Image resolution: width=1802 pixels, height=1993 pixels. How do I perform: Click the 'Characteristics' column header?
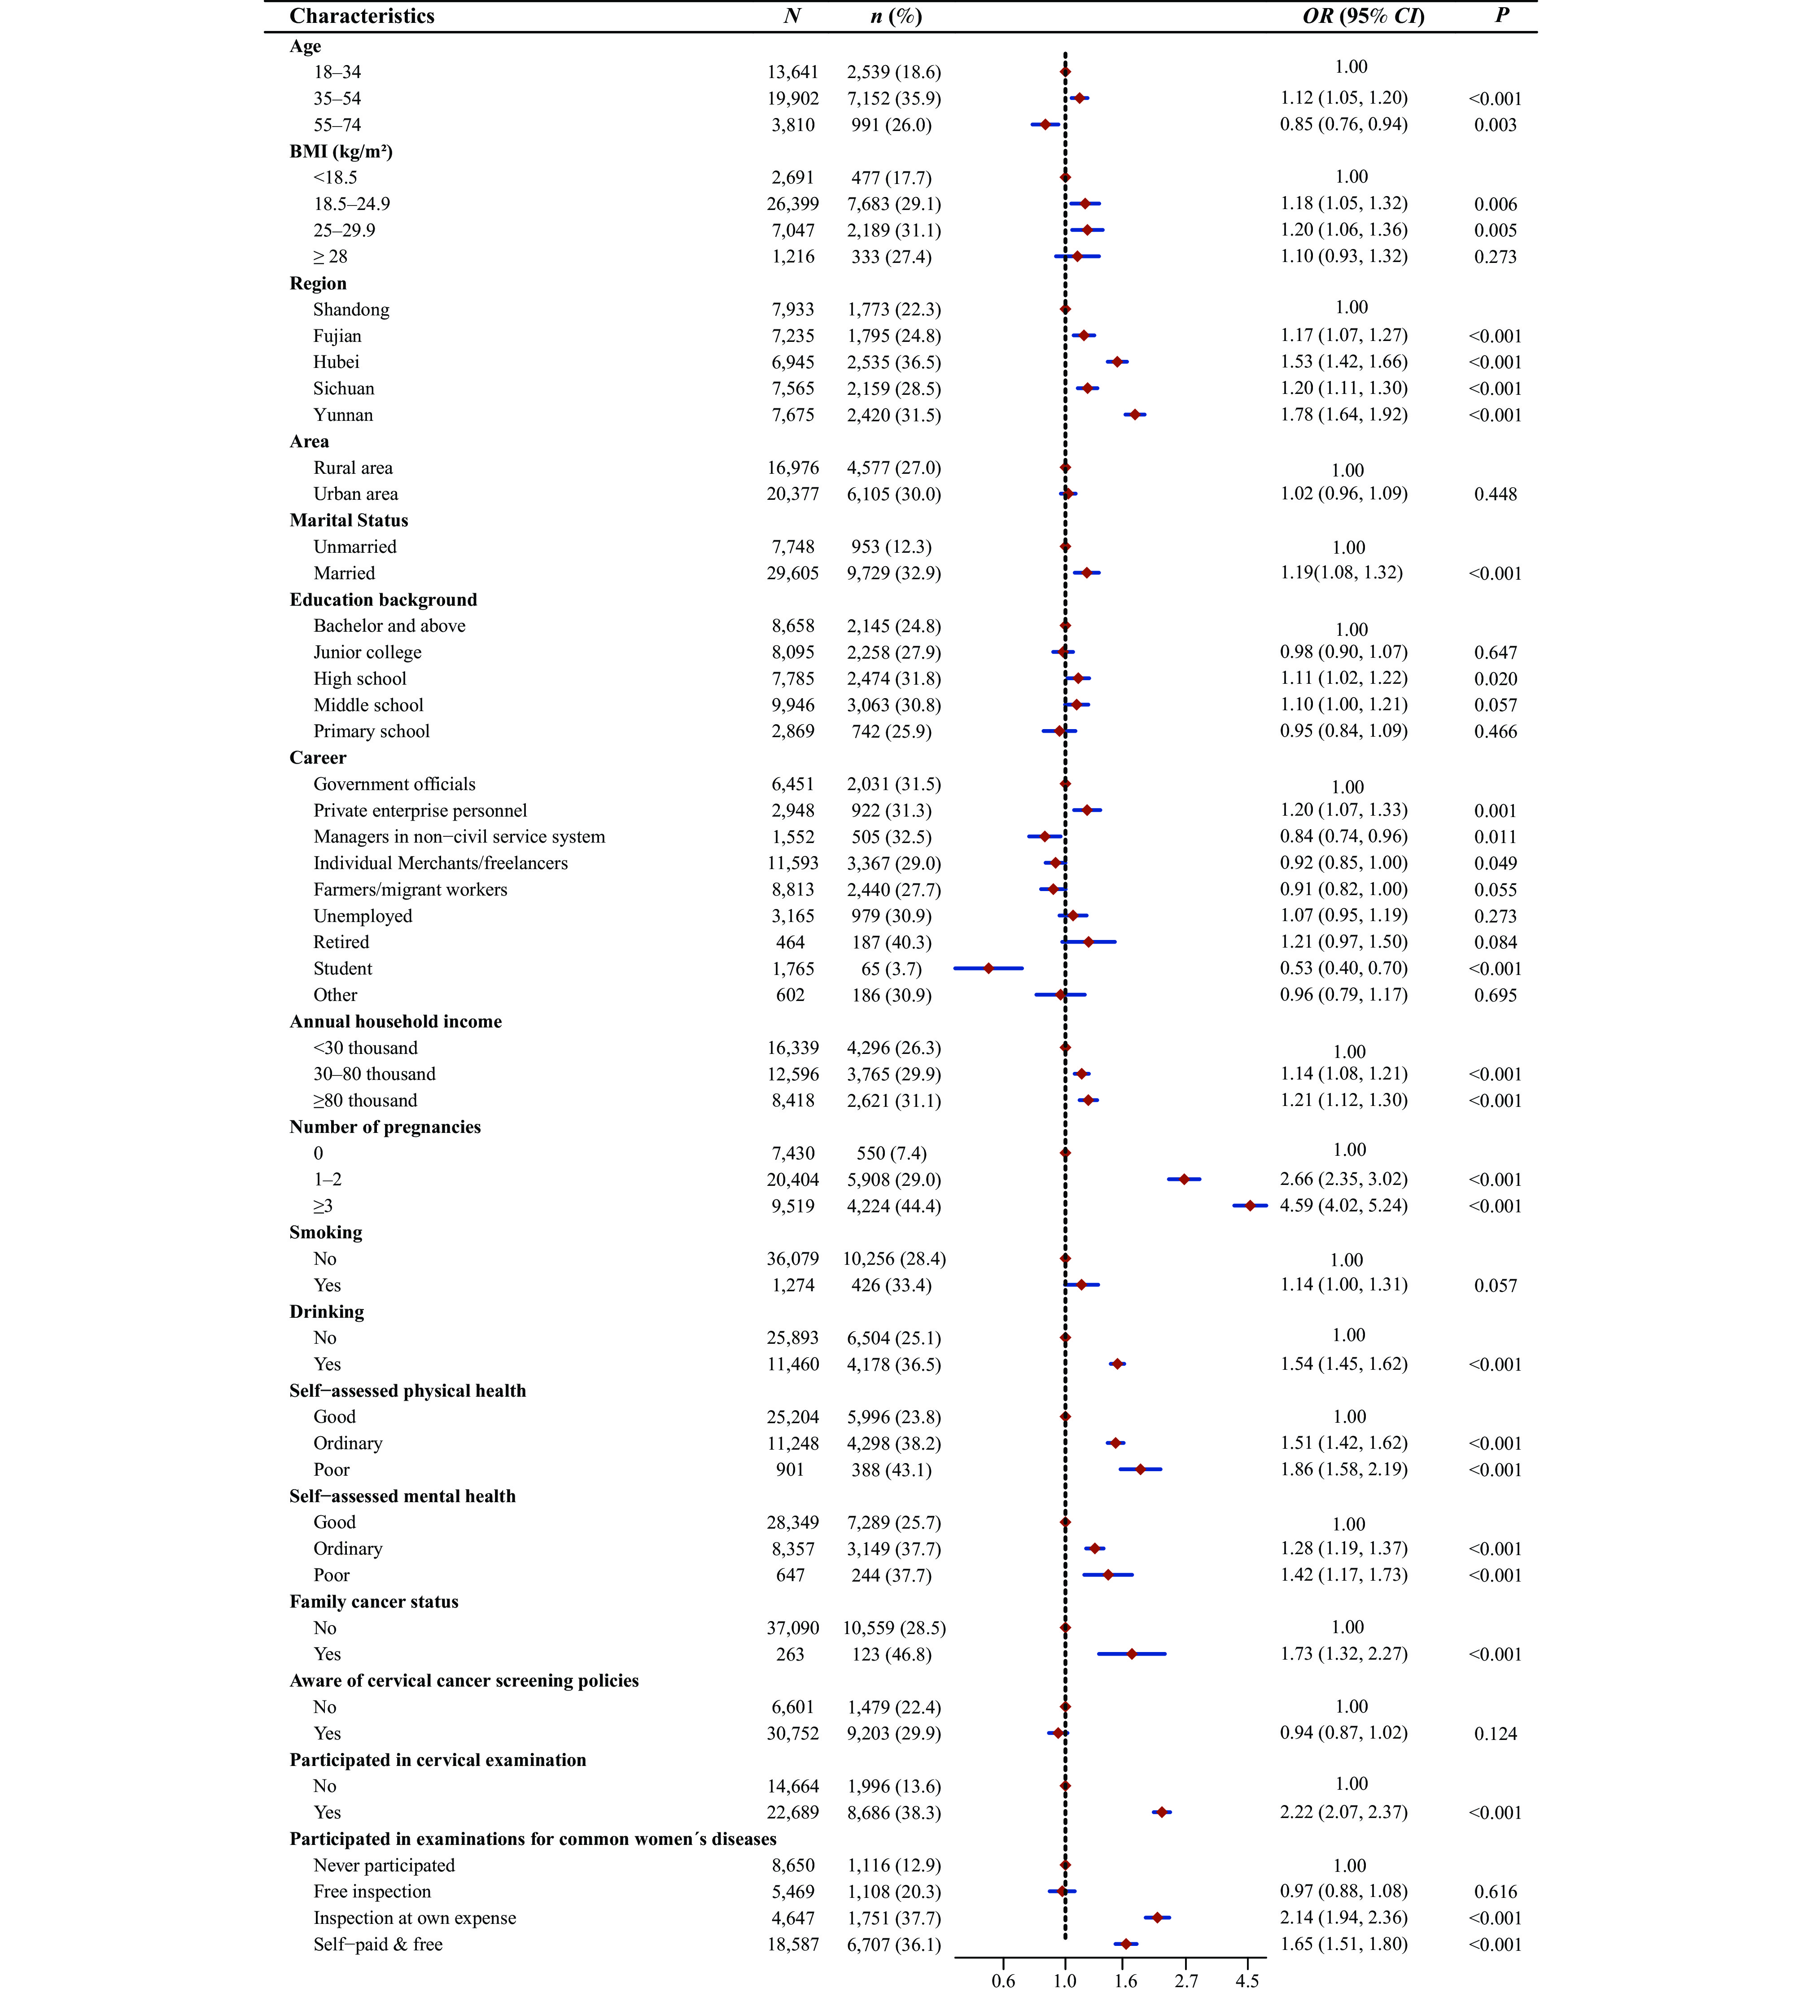362,16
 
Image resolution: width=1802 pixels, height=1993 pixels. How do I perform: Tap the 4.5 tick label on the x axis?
1247,1980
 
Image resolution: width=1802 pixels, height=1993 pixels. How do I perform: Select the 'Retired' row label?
341,942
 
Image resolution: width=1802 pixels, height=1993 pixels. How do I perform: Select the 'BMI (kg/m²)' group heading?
341,151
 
